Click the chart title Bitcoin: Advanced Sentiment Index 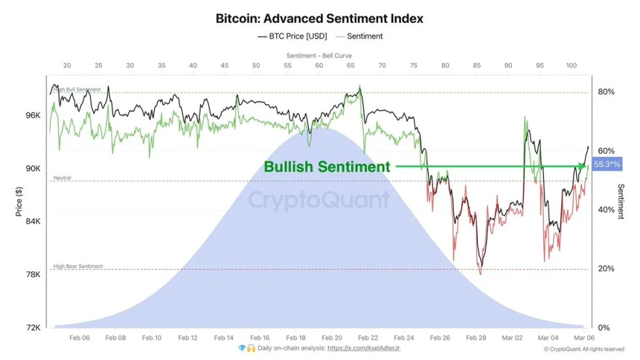319,18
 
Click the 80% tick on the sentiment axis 607,92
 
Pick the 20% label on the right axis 607,269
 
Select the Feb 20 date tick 332,338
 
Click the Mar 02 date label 511,338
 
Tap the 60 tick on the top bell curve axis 319,66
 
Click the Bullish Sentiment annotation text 327,167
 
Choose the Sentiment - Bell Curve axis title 319,56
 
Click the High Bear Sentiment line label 78,267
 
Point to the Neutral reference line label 62,178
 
